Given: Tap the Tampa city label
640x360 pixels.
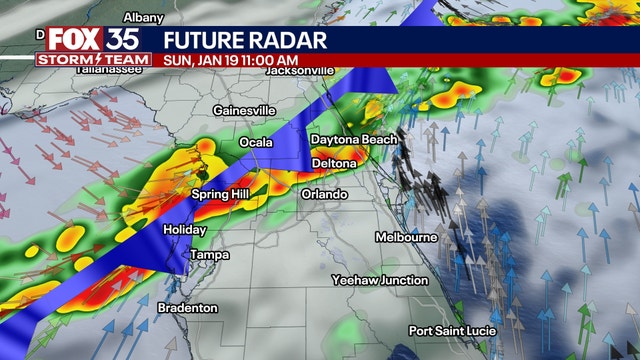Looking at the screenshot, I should [209, 255].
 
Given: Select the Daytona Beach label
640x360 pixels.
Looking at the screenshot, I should [353, 139].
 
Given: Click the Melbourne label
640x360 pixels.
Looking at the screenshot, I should [406, 237].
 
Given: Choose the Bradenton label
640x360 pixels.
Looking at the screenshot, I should [187, 308].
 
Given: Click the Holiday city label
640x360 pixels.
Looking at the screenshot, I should [184, 230].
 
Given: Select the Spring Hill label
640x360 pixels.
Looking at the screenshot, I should [220, 193].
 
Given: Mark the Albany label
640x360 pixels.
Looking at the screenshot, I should [144, 17].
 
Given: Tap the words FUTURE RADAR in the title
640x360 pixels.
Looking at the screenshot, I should [245, 40].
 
